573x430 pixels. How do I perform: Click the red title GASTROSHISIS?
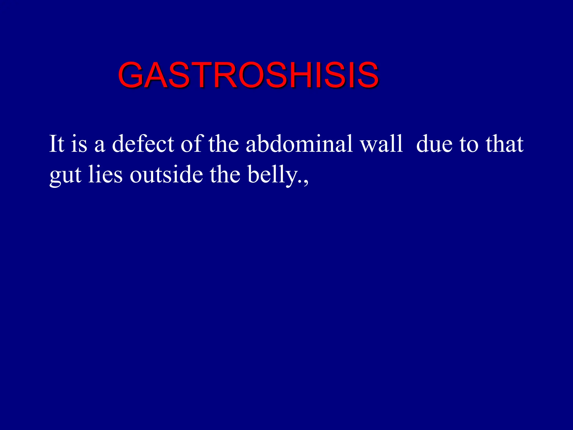(x=248, y=75)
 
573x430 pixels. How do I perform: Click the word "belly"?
(x=273, y=175)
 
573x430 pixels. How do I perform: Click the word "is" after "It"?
(x=79, y=144)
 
